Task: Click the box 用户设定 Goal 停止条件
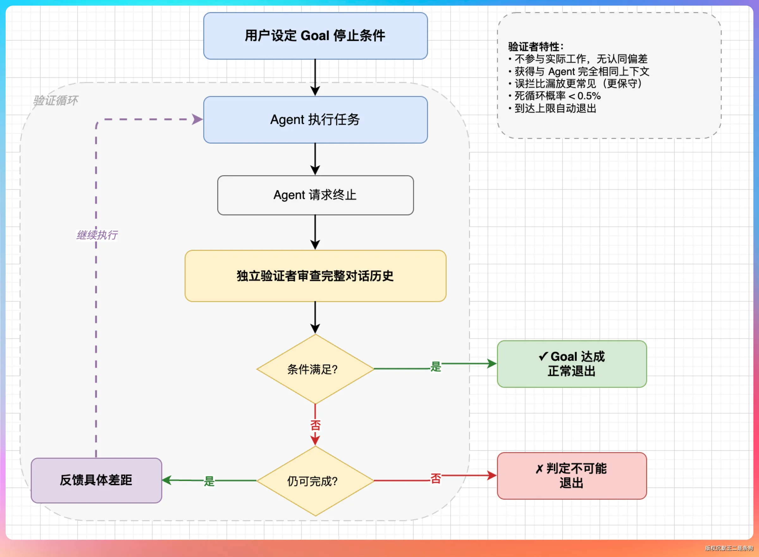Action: pos(315,36)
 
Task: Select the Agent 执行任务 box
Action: pos(315,120)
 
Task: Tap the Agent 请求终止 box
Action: pos(315,195)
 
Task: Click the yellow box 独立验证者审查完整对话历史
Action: pos(315,276)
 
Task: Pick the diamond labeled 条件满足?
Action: pos(315,369)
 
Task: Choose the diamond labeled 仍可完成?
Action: pos(315,481)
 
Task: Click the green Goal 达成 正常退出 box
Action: pos(572,364)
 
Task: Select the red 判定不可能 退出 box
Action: pos(572,476)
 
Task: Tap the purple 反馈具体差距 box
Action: pos(96,480)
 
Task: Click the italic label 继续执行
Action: pos(97,235)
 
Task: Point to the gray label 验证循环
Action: pos(56,101)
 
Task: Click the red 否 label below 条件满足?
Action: pos(315,425)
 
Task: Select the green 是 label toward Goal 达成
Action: pos(435,366)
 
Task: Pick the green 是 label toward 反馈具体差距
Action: pos(209,481)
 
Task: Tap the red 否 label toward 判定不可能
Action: pos(435,478)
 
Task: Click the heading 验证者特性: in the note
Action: pos(536,46)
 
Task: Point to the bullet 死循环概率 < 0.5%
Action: pos(555,96)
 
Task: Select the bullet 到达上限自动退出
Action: pos(552,108)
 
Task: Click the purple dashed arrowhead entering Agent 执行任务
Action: pos(197,119)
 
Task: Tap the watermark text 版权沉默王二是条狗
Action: pos(729,548)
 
